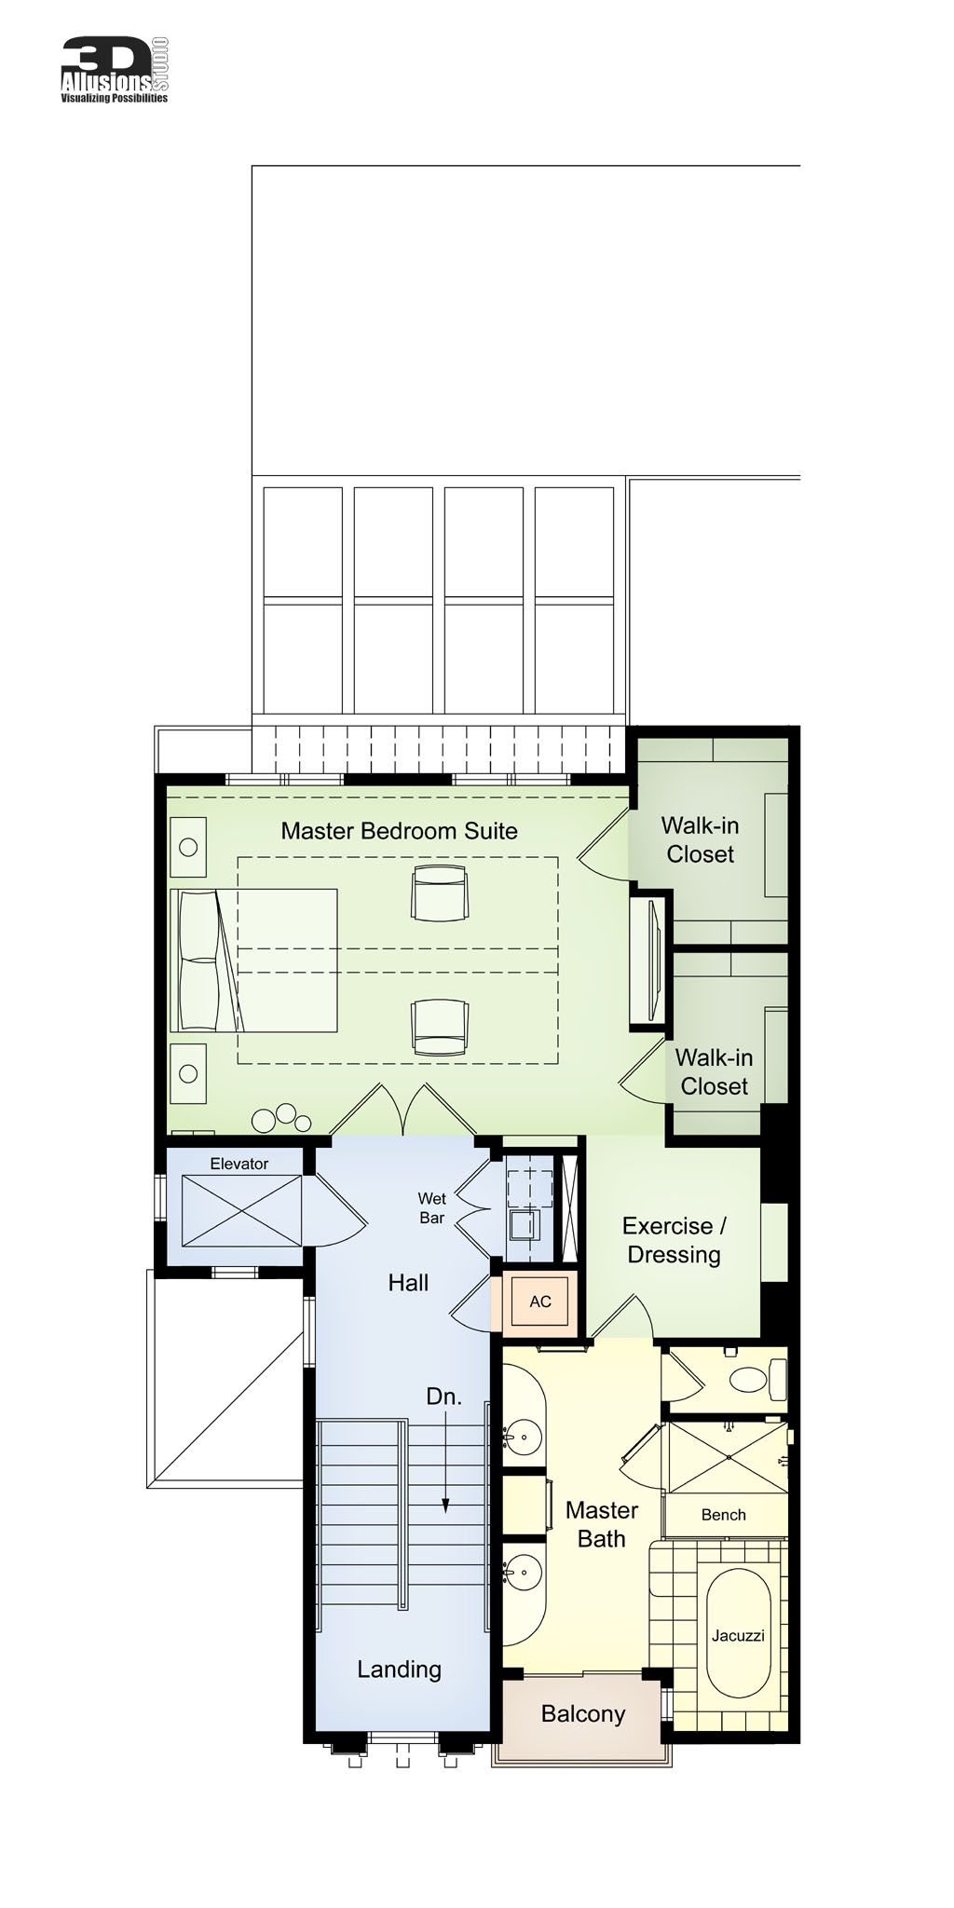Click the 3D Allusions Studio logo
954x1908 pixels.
115,70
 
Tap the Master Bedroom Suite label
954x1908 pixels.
399,831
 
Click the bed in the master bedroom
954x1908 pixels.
253,960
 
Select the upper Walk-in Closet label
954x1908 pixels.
700,839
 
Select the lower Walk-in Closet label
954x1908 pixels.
714,1071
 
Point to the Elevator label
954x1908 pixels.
238,1164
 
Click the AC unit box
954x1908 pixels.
540,1302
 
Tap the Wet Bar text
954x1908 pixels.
431,1208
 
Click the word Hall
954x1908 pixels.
408,1283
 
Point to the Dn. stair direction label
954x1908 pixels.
443,1396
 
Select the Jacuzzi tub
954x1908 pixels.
738,1635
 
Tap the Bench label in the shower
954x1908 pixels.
723,1515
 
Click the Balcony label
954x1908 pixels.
582,1714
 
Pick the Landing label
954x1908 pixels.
399,1669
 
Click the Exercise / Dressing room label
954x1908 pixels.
674,1240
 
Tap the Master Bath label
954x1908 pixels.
601,1524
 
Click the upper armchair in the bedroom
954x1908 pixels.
440,893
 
